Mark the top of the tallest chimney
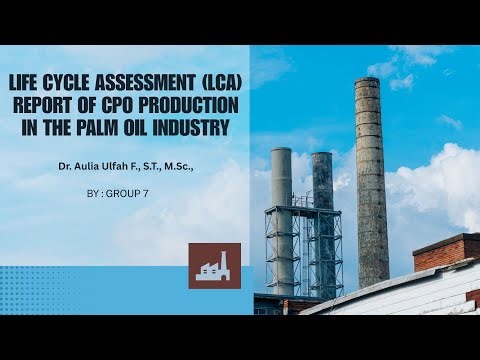point(368,81)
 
